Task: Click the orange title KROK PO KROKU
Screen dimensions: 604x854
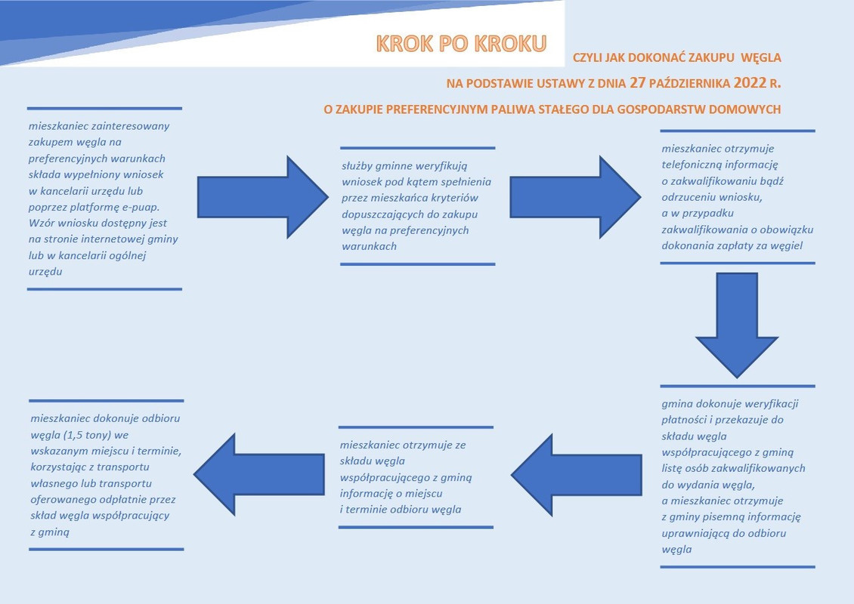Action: click(x=460, y=43)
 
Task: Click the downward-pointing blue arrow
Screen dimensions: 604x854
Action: click(x=737, y=325)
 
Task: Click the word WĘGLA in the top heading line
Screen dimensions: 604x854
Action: click(x=760, y=57)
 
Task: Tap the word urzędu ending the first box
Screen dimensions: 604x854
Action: click(x=45, y=271)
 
